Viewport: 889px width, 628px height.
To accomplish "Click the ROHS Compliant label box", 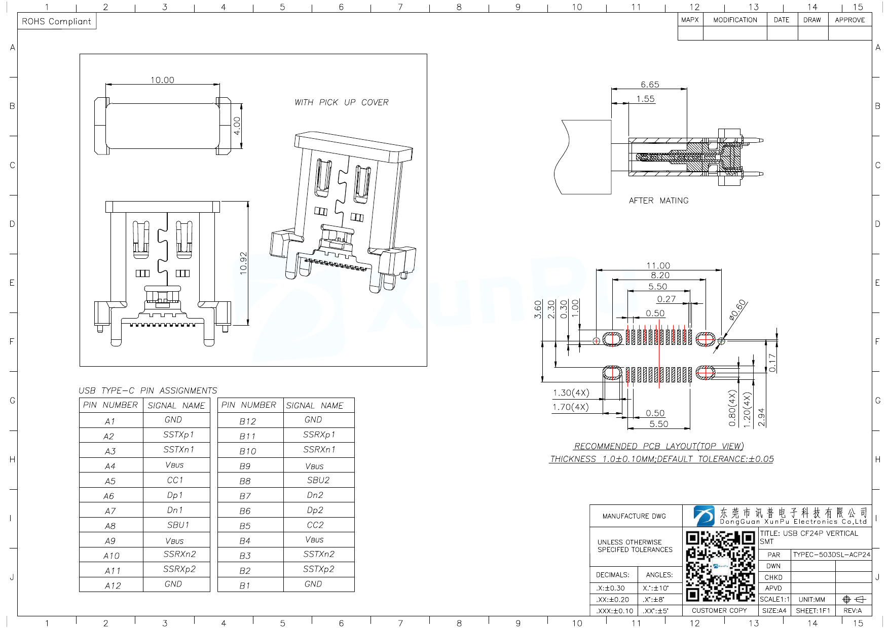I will click(x=56, y=21).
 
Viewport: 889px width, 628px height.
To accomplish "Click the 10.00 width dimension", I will click(x=162, y=80).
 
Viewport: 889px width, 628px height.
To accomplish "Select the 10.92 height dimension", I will click(x=243, y=263).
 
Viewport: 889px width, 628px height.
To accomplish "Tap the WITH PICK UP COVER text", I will click(x=341, y=102).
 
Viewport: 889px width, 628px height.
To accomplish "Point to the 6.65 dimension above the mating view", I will click(x=650, y=85).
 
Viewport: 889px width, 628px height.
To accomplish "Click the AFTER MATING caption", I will click(x=658, y=201).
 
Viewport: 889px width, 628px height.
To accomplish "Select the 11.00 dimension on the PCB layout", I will click(x=658, y=265).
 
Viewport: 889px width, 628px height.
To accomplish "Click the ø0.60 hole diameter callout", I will click(x=737, y=310).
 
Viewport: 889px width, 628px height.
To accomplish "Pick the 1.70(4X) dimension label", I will click(x=571, y=407).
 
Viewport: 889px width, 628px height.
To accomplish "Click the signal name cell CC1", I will click(x=175, y=480).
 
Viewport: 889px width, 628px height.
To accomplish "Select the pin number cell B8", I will click(x=245, y=481).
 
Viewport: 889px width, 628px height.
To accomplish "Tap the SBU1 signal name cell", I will click(x=178, y=525).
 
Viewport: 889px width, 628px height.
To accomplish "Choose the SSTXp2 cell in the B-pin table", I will click(x=319, y=569).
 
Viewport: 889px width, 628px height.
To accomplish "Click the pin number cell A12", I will click(x=113, y=586).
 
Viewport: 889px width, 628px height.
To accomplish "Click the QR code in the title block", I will click(x=720, y=566).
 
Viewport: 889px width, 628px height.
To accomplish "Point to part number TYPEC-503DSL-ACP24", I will click(x=831, y=555).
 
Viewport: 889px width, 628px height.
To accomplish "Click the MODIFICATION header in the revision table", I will click(x=735, y=20).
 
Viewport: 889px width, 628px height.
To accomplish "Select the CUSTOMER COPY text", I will click(x=719, y=610).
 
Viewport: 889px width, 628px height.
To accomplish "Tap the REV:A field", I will click(x=853, y=610).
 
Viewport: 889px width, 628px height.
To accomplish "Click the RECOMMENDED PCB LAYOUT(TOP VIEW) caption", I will click(x=658, y=446).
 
